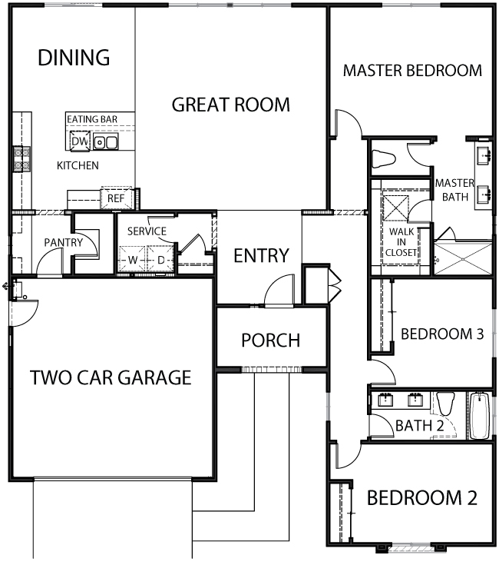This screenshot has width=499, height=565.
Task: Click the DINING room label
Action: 74,58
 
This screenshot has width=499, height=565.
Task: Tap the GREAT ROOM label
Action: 230,105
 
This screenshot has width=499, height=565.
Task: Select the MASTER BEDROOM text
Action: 412,71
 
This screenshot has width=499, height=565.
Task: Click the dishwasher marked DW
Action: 80,141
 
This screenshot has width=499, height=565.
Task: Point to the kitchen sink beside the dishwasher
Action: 105,142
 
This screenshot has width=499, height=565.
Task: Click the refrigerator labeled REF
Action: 117,198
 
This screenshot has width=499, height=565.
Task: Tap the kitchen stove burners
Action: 21,159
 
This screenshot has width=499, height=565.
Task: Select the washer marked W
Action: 132,260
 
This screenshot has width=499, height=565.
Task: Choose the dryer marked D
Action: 160,260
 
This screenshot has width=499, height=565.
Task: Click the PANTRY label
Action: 63,242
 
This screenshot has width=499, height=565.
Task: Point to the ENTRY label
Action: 261,256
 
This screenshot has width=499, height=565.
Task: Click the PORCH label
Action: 270,340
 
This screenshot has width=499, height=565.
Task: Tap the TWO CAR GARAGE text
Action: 111,377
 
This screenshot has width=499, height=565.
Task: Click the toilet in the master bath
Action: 384,158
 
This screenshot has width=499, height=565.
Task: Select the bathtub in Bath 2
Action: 480,415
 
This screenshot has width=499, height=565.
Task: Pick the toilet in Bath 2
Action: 445,404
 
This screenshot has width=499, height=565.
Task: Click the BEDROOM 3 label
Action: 442,334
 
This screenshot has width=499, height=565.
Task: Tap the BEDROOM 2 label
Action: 422,498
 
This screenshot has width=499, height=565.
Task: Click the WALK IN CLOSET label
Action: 402,242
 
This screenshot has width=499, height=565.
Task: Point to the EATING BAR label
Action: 92,119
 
